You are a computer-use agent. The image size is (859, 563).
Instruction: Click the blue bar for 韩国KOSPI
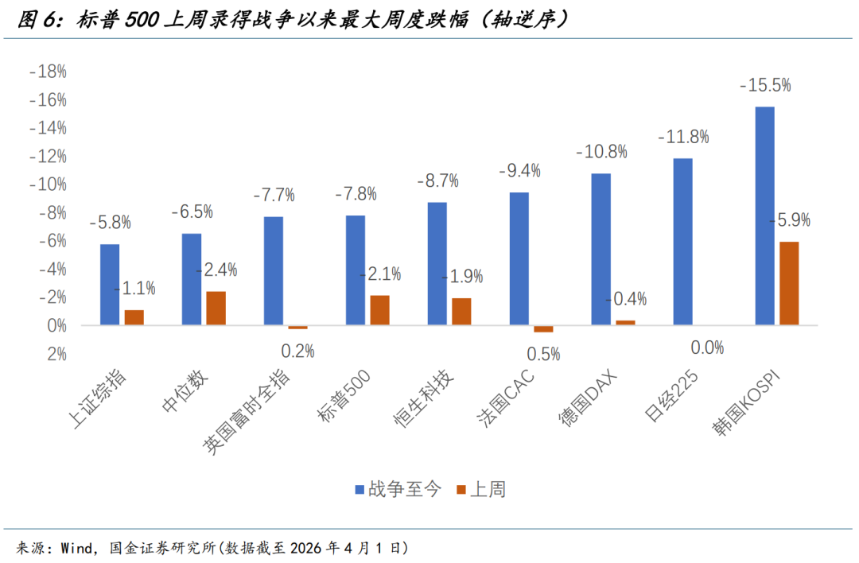coord(764,215)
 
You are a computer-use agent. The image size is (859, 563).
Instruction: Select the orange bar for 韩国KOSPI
coord(789,283)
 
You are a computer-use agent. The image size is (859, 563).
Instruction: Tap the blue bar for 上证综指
coord(110,284)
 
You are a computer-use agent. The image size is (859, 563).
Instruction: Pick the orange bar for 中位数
coord(216,308)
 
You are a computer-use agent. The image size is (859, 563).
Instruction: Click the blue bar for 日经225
coord(682,242)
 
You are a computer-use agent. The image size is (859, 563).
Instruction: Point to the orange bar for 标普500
coord(379,310)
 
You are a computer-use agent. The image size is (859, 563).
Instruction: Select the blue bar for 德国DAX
coord(601,249)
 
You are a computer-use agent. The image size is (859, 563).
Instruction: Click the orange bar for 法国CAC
coord(543,328)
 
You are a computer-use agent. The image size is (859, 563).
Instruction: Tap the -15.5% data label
coord(764,85)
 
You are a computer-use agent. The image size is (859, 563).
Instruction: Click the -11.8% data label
coord(683,137)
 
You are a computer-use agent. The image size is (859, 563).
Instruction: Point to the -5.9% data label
coord(789,220)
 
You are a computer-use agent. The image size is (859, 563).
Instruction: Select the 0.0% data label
coord(707,347)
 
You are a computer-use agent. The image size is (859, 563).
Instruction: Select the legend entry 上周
coord(480,490)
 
